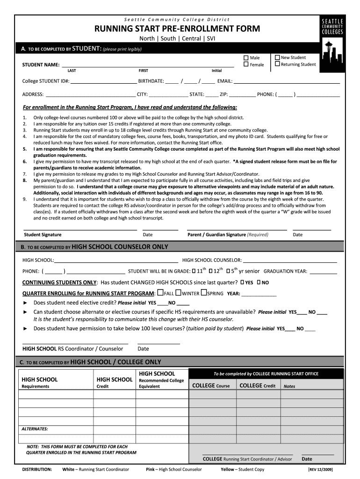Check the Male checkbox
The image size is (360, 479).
tap(246, 58)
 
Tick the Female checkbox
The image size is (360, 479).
tap(246, 65)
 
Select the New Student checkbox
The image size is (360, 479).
tap(277, 58)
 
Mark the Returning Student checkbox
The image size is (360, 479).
tap(277, 64)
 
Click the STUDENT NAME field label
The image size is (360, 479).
tap(41, 65)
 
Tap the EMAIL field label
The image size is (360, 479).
tap(224, 81)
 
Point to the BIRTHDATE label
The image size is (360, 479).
tap(151, 81)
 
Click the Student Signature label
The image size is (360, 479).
tap(43, 235)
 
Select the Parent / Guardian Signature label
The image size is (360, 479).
tap(216, 235)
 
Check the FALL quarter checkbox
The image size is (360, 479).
tap(161, 293)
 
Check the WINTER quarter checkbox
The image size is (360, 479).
tap(178, 293)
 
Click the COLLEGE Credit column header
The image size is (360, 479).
tap(257, 386)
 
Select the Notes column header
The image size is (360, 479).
tap(289, 386)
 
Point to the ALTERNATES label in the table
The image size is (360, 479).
tap(35, 429)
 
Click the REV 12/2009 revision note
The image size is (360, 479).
tap(320, 470)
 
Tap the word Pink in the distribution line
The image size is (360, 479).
tap(150, 470)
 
